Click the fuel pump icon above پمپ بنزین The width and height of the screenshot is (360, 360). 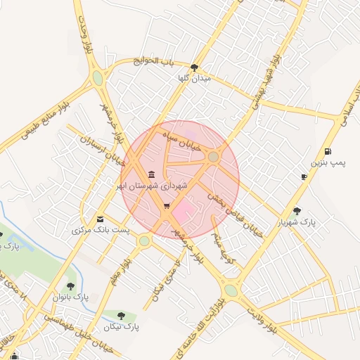[328, 152]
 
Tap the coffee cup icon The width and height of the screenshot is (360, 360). [304, 177]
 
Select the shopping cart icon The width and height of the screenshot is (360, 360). [167, 206]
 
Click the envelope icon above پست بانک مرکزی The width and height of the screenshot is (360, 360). [100, 219]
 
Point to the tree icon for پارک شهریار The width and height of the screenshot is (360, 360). [297, 210]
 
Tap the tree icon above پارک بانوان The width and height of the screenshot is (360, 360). [70, 286]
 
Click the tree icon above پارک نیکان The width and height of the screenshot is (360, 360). [122, 316]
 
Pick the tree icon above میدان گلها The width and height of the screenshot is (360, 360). [195, 68]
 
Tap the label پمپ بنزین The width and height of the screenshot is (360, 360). [329, 164]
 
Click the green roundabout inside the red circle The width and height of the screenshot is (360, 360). [213, 156]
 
